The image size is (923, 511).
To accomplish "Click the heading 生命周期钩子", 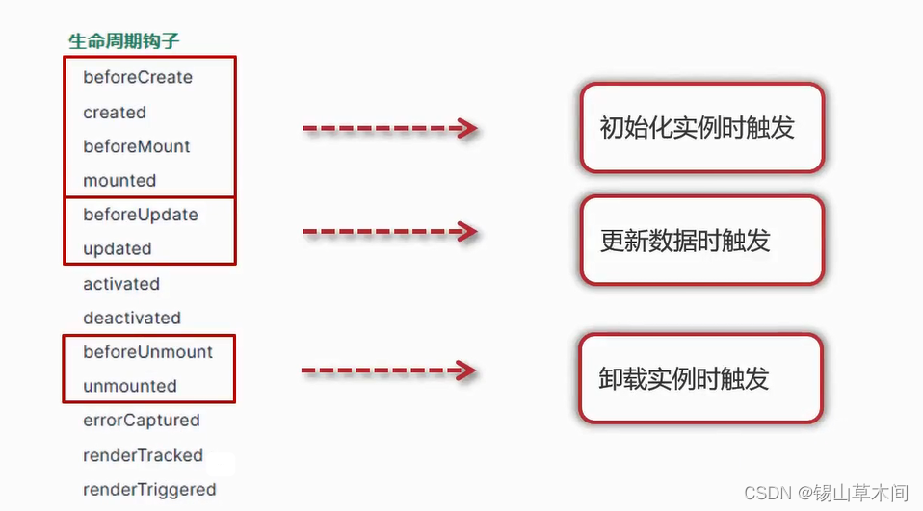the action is click(123, 41).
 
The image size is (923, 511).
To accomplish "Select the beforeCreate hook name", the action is click(138, 77).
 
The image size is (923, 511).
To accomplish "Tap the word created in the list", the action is click(115, 113).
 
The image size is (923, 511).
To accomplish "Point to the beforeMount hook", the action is click(137, 146).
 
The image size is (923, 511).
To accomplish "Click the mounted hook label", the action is click(119, 180).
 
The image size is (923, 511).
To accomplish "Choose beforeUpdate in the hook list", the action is click(141, 215).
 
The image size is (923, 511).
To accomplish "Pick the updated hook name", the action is click(118, 248).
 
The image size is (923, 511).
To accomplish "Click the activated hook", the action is click(121, 284).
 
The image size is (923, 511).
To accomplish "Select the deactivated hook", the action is click(132, 318).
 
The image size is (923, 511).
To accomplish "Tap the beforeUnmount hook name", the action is click(148, 352).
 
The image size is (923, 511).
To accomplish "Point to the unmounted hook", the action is click(130, 386).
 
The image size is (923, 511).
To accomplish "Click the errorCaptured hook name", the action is click(142, 421).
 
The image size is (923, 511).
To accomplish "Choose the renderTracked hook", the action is click(144, 455).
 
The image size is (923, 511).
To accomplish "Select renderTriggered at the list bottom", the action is click(149, 490).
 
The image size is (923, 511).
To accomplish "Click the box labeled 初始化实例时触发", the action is click(701, 129).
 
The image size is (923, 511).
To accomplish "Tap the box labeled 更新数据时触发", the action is click(701, 241).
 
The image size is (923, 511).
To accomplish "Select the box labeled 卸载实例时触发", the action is click(699, 379).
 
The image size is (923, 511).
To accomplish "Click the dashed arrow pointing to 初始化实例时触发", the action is click(389, 128).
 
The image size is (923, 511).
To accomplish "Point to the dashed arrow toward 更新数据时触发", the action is click(389, 232).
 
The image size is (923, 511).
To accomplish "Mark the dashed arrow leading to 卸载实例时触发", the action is click(388, 370).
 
